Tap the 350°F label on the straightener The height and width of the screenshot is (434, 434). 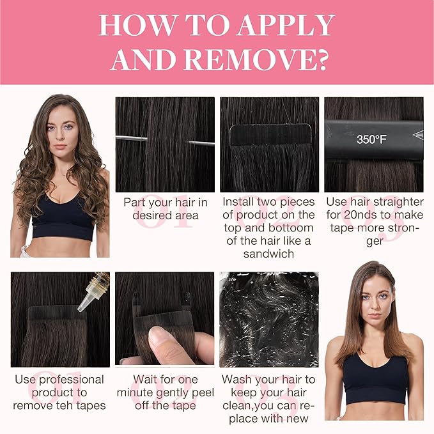[371, 139]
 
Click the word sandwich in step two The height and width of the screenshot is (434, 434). [268, 254]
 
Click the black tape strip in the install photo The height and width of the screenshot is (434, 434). [270, 134]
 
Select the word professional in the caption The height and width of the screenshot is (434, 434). [72, 380]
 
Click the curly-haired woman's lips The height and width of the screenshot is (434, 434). [60, 146]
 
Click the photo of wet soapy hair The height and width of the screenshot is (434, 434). [269, 320]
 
